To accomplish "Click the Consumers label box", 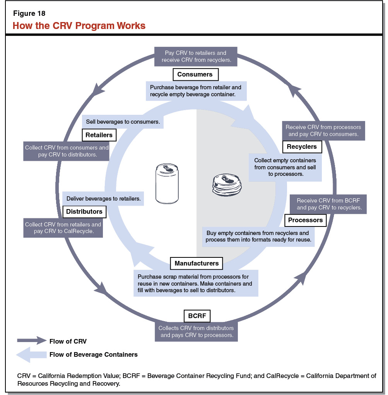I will [x=195, y=74].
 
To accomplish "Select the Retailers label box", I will [x=99, y=135].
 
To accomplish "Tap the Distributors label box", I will [x=84, y=211].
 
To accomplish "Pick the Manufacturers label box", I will [x=197, y=263].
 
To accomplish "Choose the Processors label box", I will [x=306, y=220].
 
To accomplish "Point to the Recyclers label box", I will [x=302, y=146].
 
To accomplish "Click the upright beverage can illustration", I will [x=167, y=183].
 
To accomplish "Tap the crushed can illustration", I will [x=227, y=184].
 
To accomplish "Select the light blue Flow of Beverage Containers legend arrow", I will [x=31, y=354].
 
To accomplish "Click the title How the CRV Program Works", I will [x=79, y=26].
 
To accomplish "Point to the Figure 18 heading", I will [x=29, y=14].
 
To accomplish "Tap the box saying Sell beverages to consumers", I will [x=123, y=121].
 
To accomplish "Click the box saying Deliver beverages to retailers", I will [x=103, y=199].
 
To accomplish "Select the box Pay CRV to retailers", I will [x=196, y=56].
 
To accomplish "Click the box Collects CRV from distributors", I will [x=197, y=331].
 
